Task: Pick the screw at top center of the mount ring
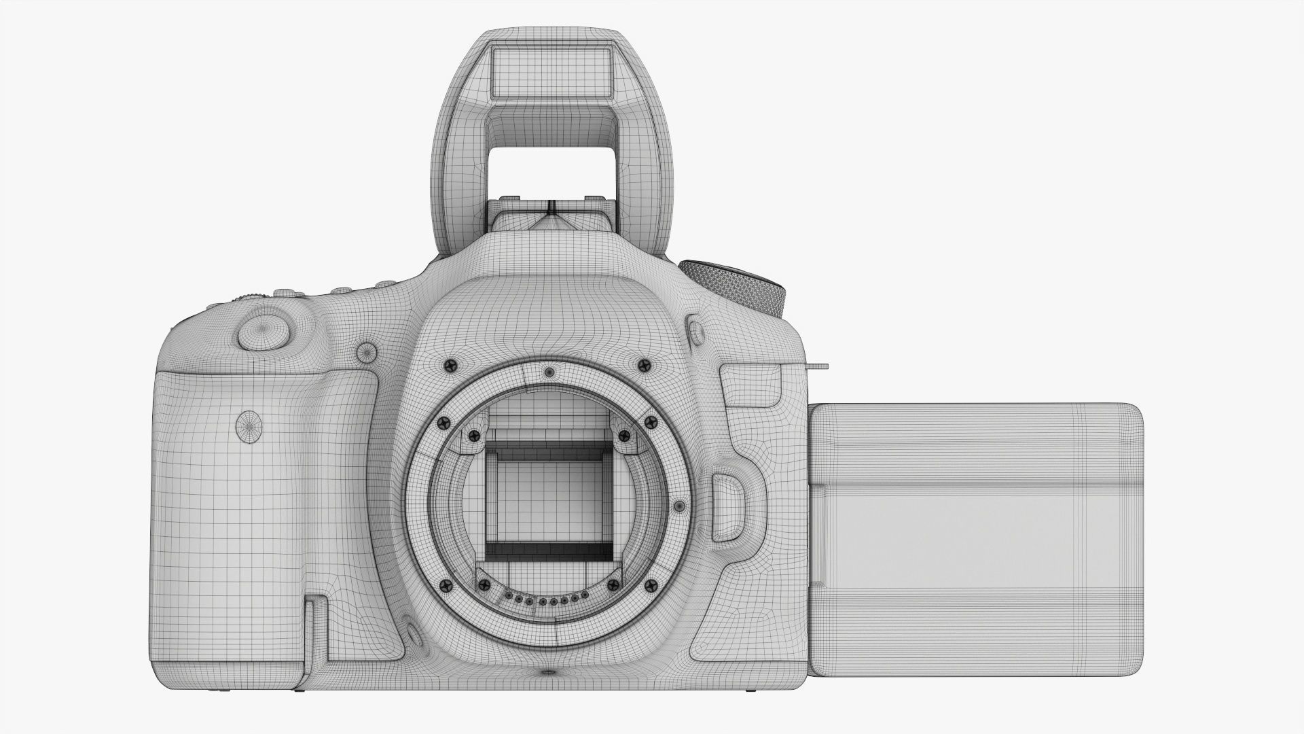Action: [549, 372]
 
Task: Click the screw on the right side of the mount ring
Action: [678, 506]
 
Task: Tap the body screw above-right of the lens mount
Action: [642, 365]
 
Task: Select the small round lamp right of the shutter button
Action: [367, 352]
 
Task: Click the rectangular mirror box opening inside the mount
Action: [547, 495]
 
